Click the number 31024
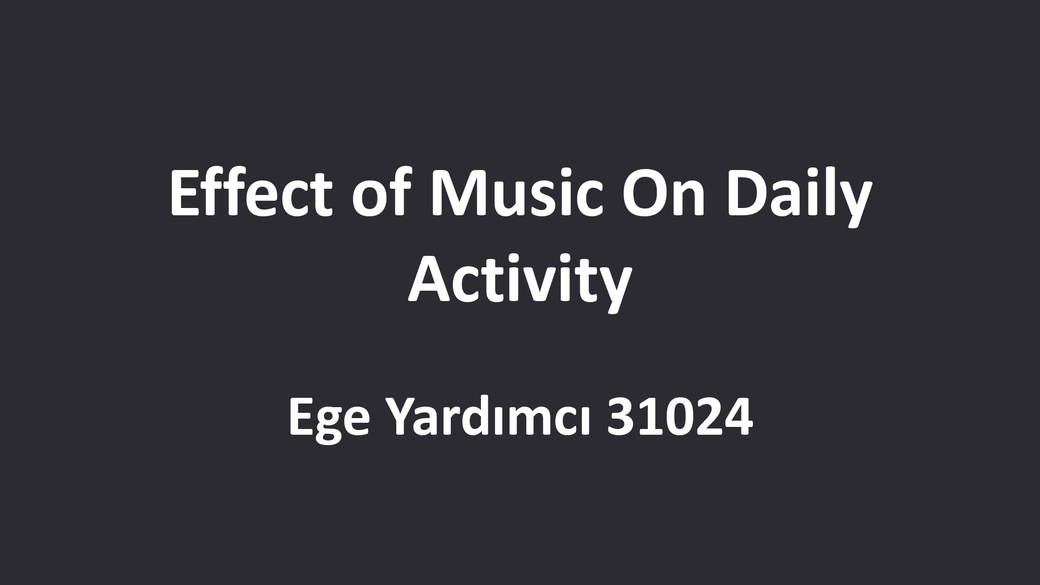(681, 419)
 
